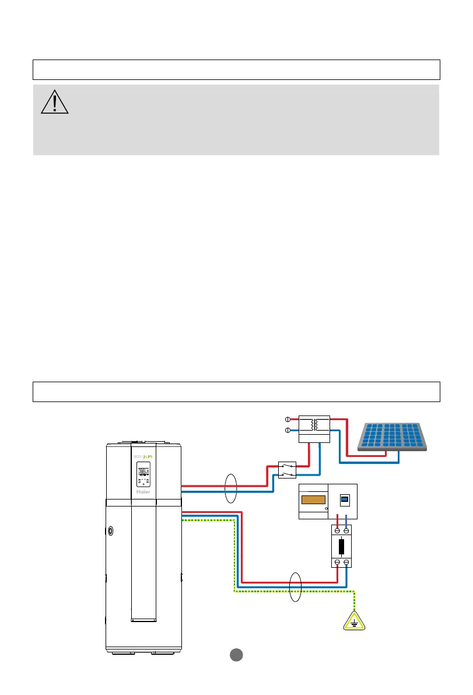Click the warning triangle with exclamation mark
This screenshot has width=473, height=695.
(x=55, y=102)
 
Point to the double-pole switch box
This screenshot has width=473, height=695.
(x=286, y=470)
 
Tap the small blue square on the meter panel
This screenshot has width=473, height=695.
(x=344, y=500)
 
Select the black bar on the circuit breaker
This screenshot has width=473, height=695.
(x=342, y=547)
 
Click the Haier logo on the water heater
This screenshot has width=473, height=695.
(x=143, y=491)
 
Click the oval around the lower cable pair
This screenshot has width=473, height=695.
(x=296, y=586)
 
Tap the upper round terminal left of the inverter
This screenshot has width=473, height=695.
(x=288, y=419)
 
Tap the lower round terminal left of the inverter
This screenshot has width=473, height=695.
(x=288, y=430)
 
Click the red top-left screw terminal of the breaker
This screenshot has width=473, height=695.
(x=337, y=530)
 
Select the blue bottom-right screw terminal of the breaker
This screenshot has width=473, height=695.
(x=347, y=563)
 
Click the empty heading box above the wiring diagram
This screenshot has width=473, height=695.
(x=236, y=392)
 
